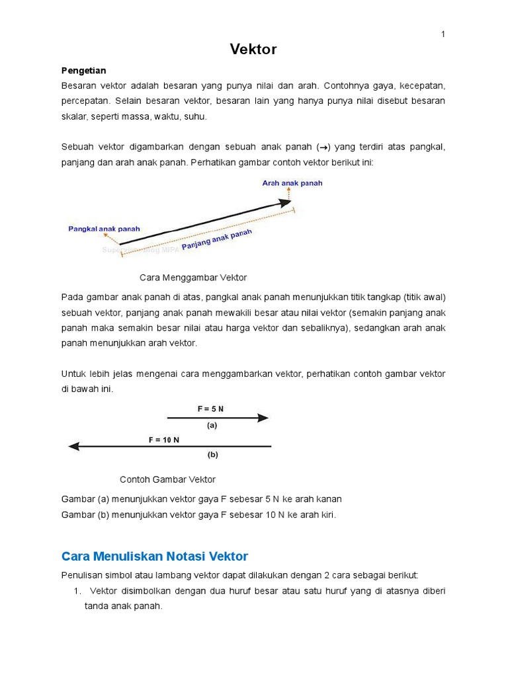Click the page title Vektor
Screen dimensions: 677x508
(x=253, y=50)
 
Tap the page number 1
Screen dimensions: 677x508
(x=443, y=34)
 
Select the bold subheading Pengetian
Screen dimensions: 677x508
(x=83, y=70)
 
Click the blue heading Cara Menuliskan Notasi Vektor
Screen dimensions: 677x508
(x=154, y=556)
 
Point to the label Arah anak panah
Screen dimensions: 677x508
(x=292, y=183)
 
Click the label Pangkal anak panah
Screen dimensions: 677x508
(x=104, y=229)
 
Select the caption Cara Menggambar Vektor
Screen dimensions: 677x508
(x=193, y=277)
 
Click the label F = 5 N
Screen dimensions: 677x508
(x=210, y=409)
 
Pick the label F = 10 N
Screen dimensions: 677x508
(x=163, y=440)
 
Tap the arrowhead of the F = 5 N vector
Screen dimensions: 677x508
(x=263, y=418)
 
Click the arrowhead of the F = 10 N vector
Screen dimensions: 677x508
(x=74, y=446)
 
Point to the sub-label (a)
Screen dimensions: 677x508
(x=212, y=426)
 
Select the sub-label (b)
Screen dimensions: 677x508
(x=212, y=455)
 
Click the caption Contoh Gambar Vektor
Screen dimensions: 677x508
(x=167, y=479)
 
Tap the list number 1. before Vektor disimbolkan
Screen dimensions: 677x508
(x=77, y=590)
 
